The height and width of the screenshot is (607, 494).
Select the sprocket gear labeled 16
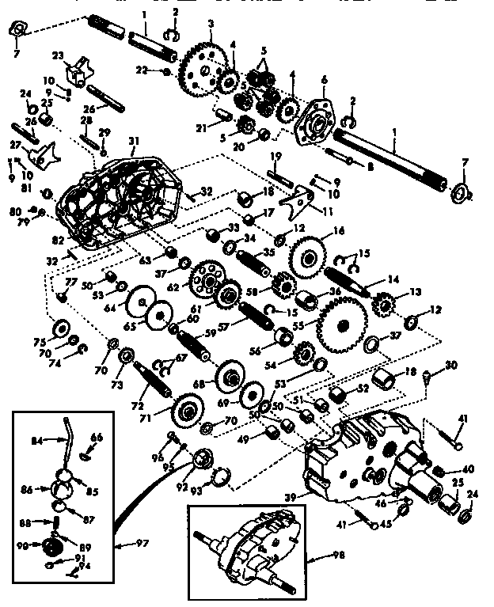tap(309, 256)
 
